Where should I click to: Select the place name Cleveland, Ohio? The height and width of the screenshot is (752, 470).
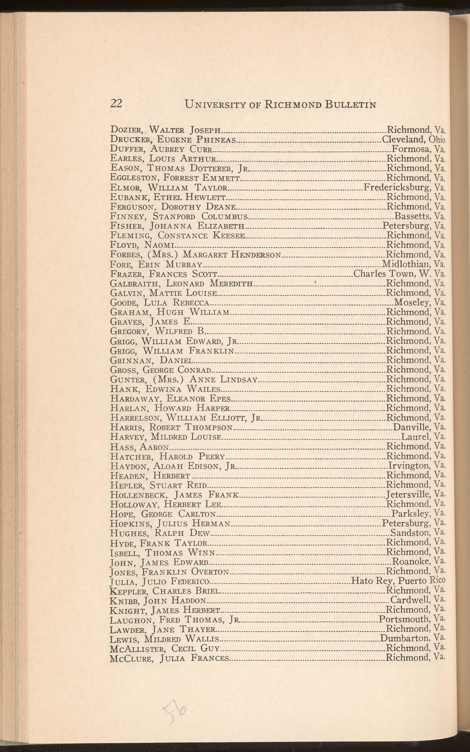tap(413, 139)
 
